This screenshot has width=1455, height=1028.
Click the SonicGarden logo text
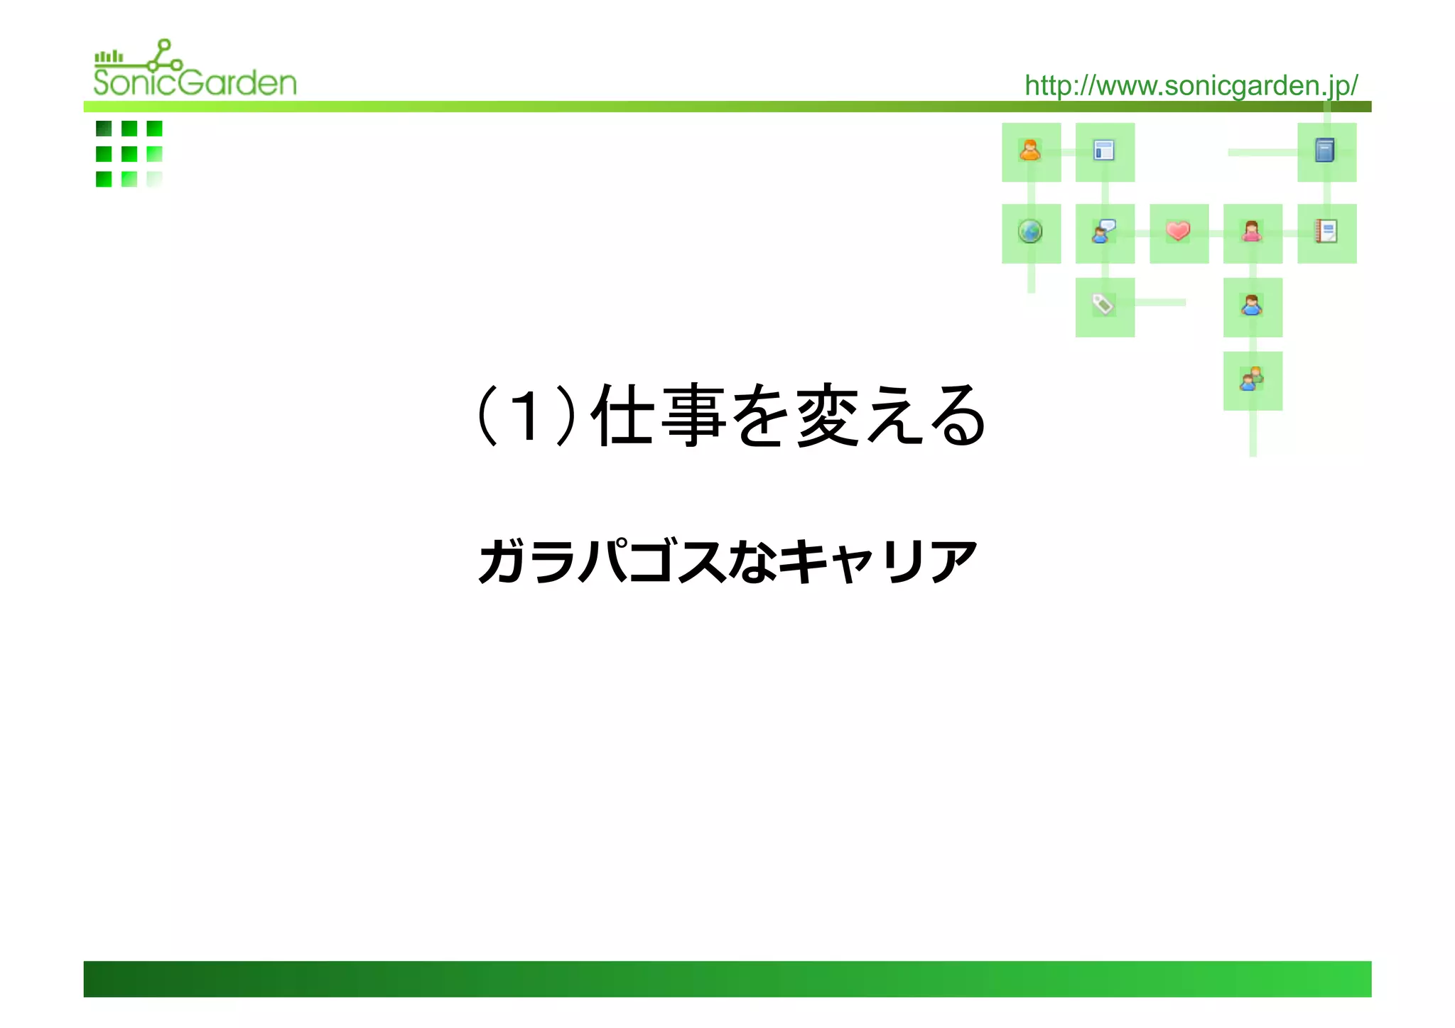[195, 82]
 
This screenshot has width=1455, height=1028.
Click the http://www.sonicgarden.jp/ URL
[1191, 86]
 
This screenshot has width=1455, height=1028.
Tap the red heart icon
[1178, 232]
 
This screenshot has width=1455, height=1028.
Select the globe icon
[1030, 232]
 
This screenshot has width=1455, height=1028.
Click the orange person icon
[1030, 151]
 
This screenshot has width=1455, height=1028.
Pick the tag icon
[1103, 305]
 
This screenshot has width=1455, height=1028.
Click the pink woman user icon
[1252, 232]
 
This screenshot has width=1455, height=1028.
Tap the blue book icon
[1325, 151]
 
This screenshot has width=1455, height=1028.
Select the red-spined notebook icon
[1326, 232]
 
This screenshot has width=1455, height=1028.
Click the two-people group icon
[1252, 379]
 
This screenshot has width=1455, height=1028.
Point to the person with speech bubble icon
[1104, 232]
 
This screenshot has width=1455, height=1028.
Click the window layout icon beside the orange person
[1104, 151]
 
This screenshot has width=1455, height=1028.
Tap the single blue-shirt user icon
[1252, 305]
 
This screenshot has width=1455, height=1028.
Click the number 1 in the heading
[526, 417]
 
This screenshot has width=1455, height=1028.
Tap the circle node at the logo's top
[165, 44]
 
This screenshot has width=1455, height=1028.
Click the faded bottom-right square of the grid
[154, 179]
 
